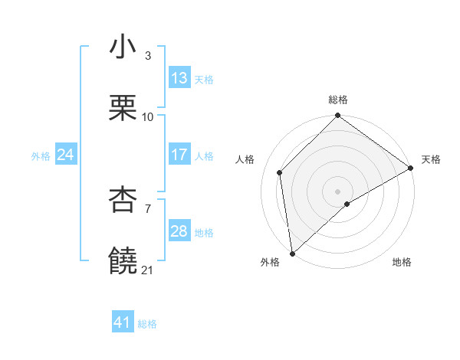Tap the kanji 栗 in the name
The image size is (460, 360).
(123, 109)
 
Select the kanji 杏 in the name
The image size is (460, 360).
(123, 201)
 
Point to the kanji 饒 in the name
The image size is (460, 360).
(123, 262)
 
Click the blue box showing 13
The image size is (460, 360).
(179, 78)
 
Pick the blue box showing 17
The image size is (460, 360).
(179, 155)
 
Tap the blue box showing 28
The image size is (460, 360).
(179, 231)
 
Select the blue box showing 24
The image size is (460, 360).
(66, 155)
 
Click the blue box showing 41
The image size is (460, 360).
(123, 322)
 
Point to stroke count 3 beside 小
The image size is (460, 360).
(148, 56)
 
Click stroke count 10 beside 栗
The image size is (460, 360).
(148, 117)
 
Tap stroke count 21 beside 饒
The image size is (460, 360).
(148, 270)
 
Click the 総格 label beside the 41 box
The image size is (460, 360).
(147, 324)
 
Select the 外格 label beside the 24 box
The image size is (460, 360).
(41, 155)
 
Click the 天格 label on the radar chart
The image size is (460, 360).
(431, 159)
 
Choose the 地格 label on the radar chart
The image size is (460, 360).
(402, 262)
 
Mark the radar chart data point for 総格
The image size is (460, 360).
(338, 117)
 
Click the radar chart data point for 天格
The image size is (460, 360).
(411, 168)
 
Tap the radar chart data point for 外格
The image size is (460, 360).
(292, 253)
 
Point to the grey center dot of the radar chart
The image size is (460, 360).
(338, 191)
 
